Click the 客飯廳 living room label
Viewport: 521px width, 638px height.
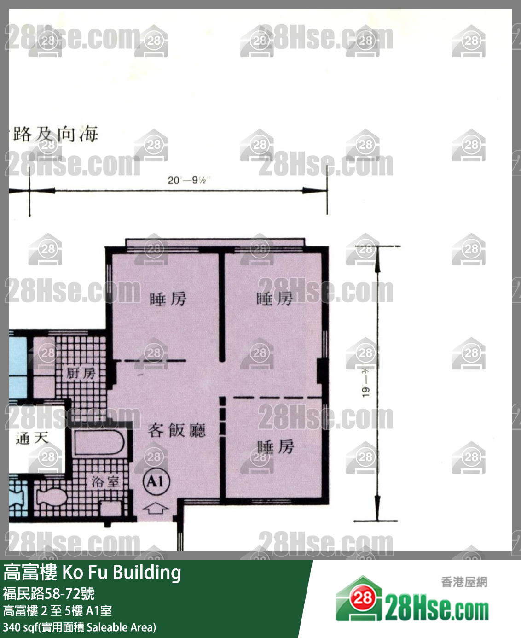click(177, 430)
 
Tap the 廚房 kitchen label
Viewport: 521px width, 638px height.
click(81, 373)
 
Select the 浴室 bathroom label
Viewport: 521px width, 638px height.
click(106, 482)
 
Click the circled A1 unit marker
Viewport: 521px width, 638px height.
click(156, 482)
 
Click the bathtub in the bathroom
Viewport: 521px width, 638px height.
click(99, 443)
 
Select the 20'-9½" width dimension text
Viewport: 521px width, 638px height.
click(187, 180)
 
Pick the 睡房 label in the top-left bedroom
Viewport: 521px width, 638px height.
click(168, 299)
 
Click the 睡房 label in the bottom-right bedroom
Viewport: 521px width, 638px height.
click(275, 446)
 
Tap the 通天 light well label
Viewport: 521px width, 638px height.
click(32, 438)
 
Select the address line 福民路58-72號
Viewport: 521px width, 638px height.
click(49, 593)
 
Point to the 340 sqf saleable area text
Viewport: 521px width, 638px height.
click(79, 627)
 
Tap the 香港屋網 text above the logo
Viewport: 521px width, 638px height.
click(464, 582)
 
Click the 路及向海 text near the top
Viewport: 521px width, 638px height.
click(55, 135)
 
